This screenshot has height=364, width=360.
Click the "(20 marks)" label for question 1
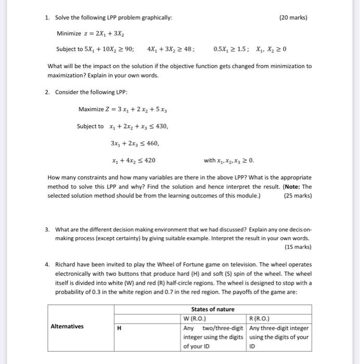point(293,18)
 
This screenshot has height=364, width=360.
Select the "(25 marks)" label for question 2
point(298,196)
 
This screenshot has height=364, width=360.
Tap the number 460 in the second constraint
point(150,143)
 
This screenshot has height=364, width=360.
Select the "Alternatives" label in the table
point(67,327)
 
